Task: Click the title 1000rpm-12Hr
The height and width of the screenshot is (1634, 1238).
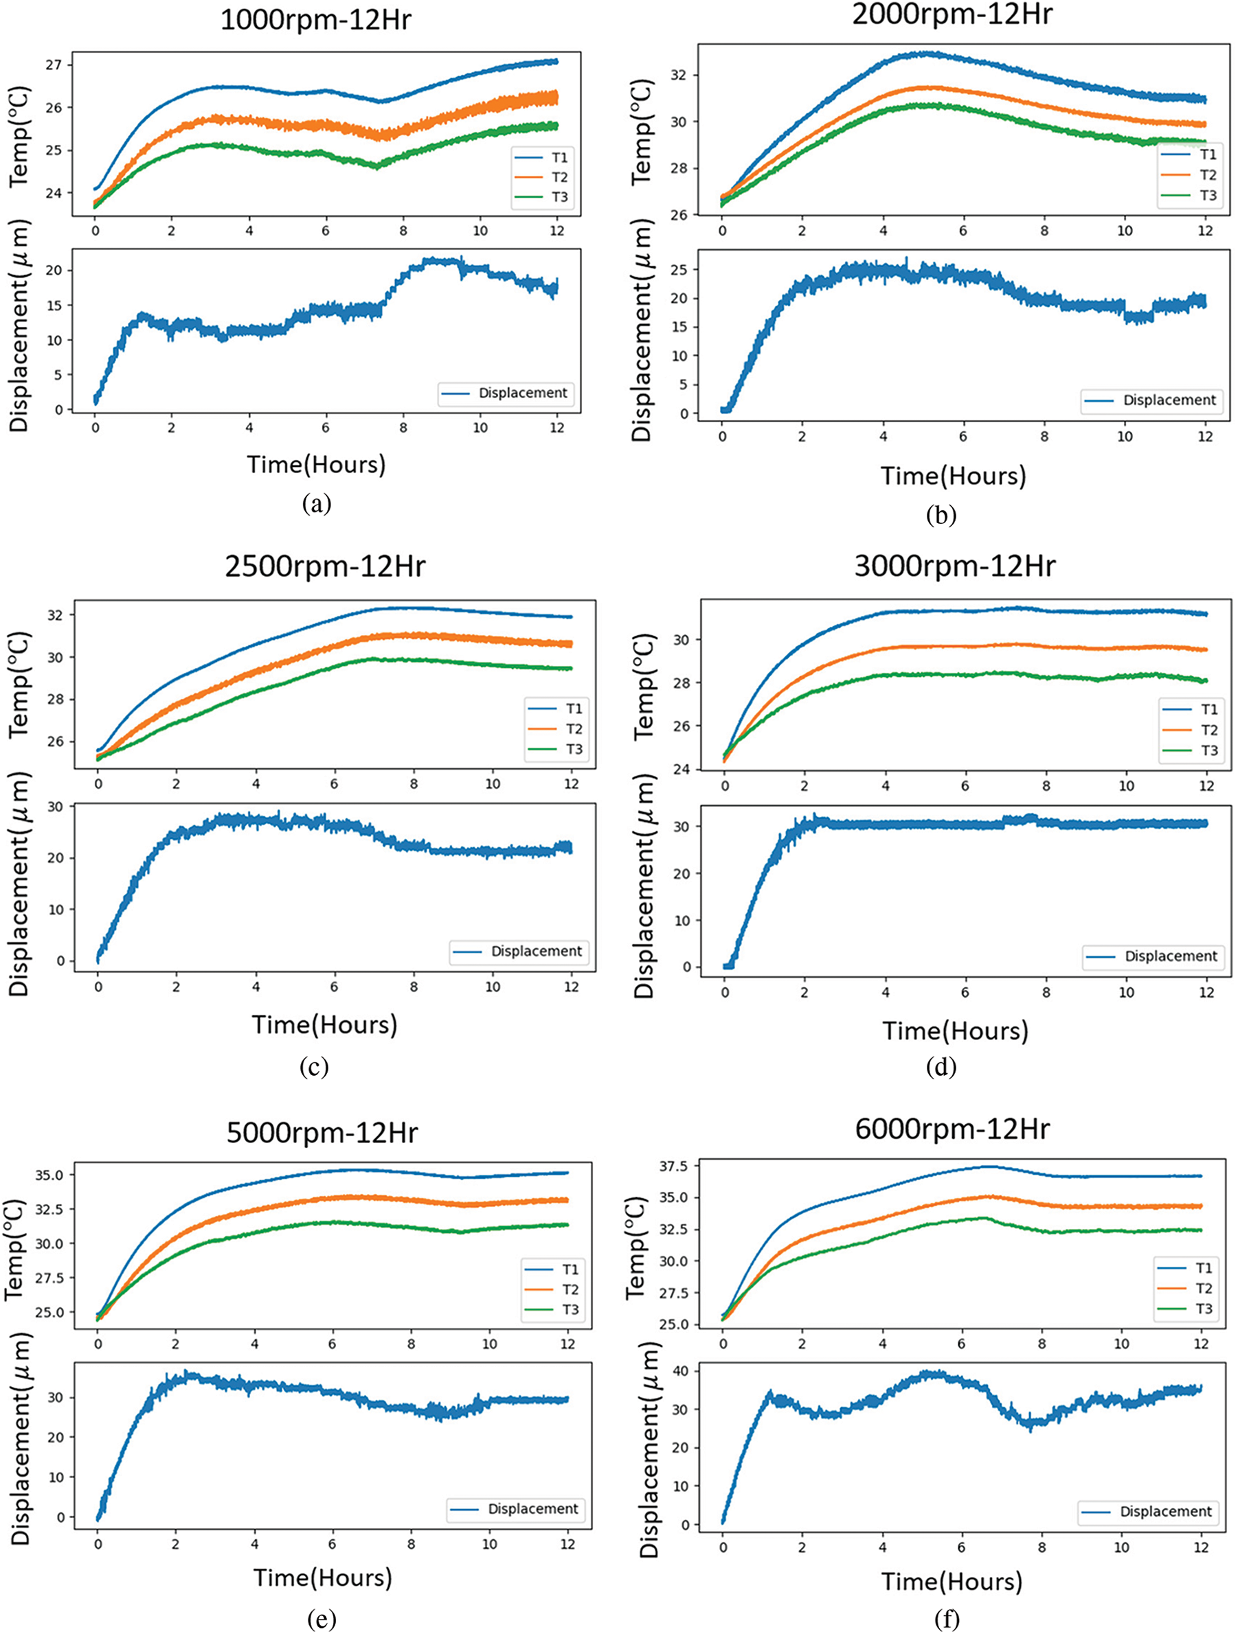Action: pos(315,21)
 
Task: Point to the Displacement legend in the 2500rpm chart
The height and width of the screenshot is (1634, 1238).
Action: pos(536,951)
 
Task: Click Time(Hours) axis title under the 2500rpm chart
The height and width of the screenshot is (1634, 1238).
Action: pos(324,1024)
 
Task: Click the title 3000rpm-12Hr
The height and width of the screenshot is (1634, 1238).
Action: pos(955,566)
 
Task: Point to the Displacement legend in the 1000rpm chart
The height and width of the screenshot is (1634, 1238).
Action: pos(523,393)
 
